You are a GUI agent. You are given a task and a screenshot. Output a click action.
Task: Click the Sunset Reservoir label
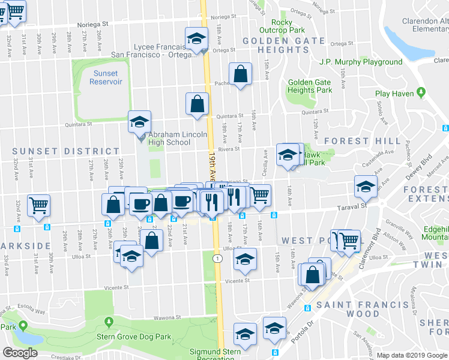pyautogui.click(x=106, y=77)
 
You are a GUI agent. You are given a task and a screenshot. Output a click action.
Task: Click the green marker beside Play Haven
pyautogui.click(x=421, y=93)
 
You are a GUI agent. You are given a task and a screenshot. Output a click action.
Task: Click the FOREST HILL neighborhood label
pyautogui.click(x=362, y=141)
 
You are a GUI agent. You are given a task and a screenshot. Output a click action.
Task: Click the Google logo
pyautogui.click(x=20, y=353)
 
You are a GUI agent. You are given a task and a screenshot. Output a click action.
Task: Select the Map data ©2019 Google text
pyautogui.click(x=412, y=355)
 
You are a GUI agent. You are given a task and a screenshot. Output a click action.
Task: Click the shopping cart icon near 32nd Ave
pyautogui.click(x=39, y=206)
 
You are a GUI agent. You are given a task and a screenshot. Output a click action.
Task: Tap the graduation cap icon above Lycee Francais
pyautogui.click(x=195, y=38)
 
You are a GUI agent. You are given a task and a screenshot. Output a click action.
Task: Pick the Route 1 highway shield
pyautogui.click(x=218, y=257)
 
